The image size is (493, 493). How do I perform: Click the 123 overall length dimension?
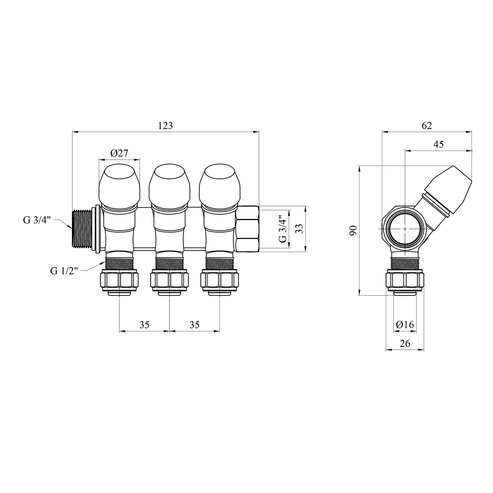(x=165, y=126)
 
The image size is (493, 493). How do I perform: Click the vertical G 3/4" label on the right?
(x=283, y=229)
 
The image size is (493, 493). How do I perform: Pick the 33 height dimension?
(x=299, y=229)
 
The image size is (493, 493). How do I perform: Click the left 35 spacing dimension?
(x=144, y=325)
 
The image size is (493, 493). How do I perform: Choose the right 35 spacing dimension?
(x=195, y=325)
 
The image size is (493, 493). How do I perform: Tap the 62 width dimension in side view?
(x=427, y=126)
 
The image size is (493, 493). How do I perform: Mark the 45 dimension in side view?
(x=438, y=144)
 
